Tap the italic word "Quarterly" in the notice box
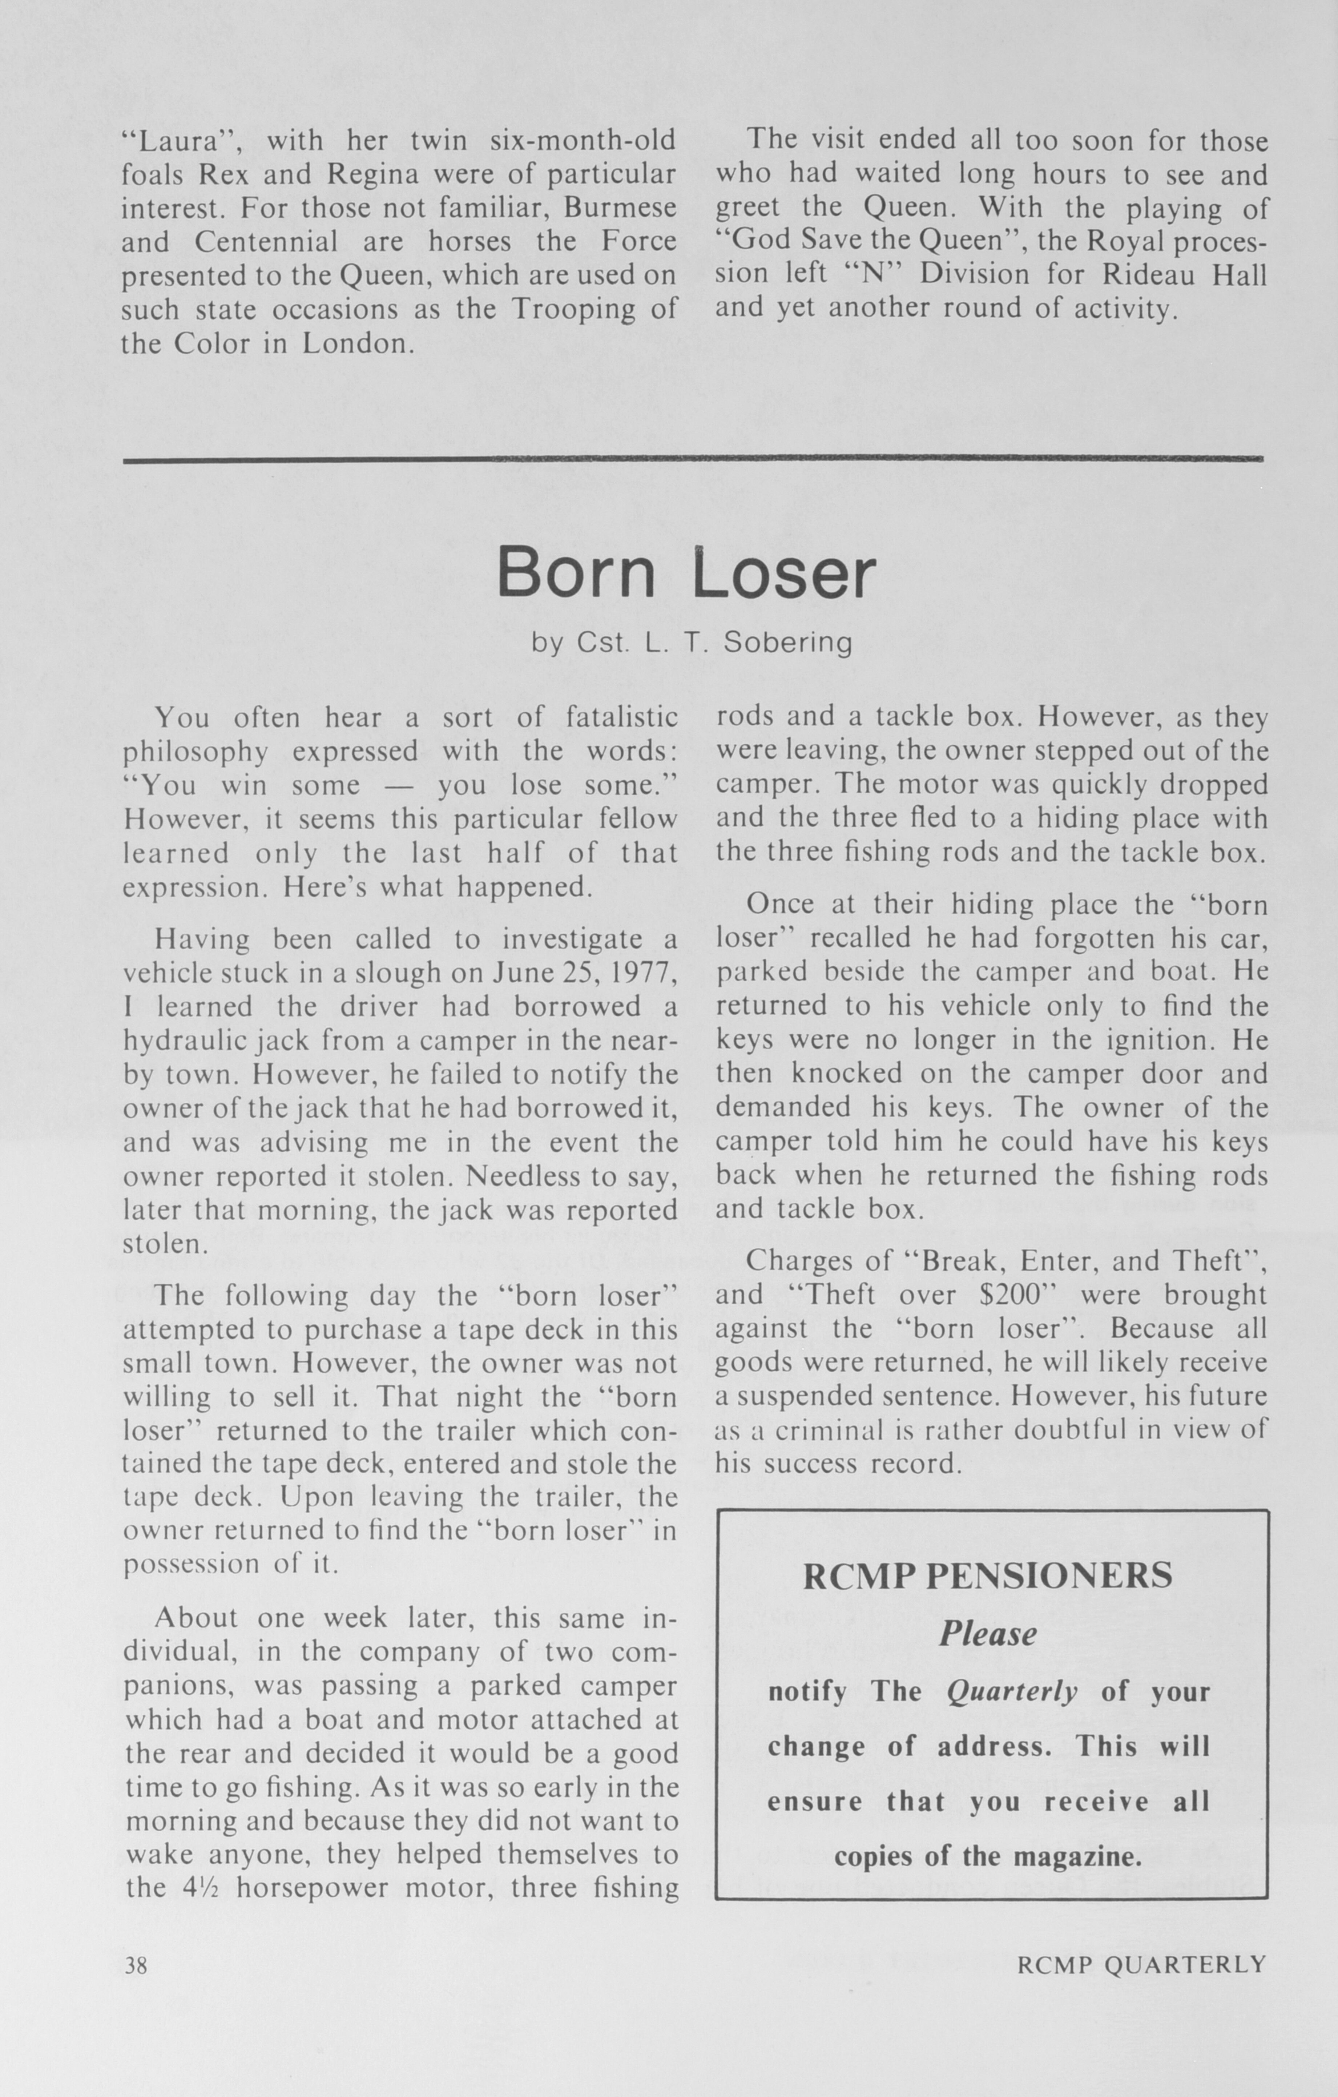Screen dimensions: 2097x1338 click(1012, 1691)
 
